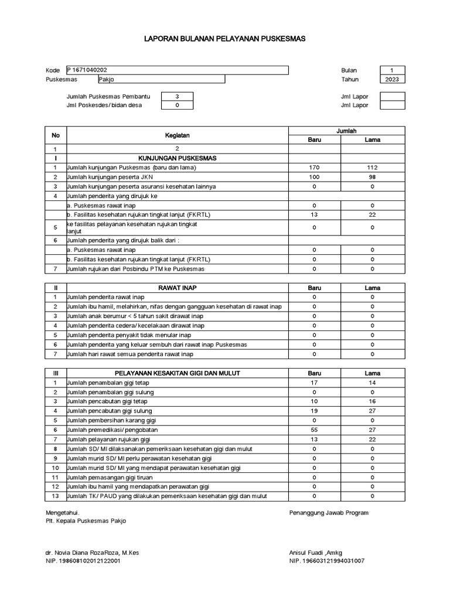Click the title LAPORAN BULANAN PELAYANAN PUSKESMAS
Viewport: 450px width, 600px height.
click(225, 39)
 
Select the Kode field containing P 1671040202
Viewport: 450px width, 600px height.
click(177, 70)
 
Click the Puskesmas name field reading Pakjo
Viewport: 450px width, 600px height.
click(161, 80)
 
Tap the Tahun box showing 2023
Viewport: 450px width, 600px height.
click(392, 80)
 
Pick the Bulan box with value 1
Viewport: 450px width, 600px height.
click(392, 70)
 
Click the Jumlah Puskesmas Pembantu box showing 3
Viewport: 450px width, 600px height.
click(177, 96)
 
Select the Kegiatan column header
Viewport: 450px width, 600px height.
click(177, 135)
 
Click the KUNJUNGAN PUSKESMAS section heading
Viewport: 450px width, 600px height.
click(177, 158)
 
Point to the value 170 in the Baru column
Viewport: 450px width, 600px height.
click(314, 168)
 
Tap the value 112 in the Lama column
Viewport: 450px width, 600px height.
click(372, 168)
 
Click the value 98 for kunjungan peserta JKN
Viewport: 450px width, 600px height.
click(372, 177)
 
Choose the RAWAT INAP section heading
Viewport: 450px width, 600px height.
click(177, 288)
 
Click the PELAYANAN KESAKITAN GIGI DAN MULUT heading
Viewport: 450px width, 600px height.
click(177, 373)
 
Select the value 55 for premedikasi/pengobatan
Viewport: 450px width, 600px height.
click(314, 429)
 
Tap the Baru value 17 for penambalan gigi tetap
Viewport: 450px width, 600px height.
click(314, 383)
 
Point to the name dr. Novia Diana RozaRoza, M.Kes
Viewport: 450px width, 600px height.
click(92, 553)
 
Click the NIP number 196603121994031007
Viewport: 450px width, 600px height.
click(326, 561)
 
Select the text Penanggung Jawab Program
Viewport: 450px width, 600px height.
click(329, 513)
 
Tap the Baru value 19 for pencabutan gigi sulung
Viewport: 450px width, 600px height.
click(314, 411)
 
